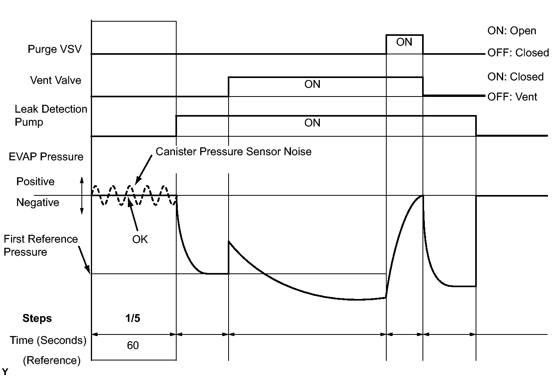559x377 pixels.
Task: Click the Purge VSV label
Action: [x=55, y=49]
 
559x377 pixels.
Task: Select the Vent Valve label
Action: [x=55, y=80]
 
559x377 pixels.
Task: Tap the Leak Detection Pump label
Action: [x=51, y=115]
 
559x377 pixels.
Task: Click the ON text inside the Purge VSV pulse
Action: [x=404, y=42]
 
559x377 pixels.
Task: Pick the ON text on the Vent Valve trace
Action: [x=312, y=84]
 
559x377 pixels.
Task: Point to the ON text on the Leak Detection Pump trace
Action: [x=312, y=123]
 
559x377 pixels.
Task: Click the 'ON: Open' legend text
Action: [x=511, y=31]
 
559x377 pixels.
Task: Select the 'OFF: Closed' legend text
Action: [x=518, y=53]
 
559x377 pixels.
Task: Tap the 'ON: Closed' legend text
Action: [x=515, y=77]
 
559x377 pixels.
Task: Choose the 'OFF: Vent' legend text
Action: [x=512, y=97]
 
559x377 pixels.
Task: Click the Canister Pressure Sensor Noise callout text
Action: [x=234, y=151]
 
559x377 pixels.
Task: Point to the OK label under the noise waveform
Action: [x=140, y=240]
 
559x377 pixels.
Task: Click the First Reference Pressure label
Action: [x=41, y=245]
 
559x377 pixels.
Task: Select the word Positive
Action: [x=35, y=181]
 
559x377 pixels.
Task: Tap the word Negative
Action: [x=38, y=202]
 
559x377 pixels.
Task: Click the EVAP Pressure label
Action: [x=46, y=157]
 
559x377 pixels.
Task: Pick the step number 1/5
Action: [x=133, y=318]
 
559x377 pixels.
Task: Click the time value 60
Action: [x=133, y=345]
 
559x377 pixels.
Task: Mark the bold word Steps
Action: [x=37, y=318]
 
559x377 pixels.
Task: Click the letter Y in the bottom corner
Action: [x=5, y=371]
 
